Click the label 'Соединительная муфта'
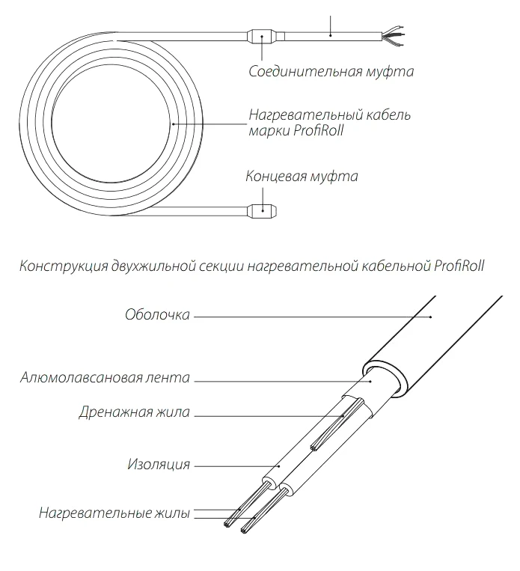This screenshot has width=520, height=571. pos(331,71)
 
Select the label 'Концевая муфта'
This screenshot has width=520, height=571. pos(302,177)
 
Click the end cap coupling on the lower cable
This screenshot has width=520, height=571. pos(262,211)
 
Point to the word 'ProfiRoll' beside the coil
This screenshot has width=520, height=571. pos(319,130)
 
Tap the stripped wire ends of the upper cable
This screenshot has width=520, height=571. pos(394,36)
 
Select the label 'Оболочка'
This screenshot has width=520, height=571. pos(157,315)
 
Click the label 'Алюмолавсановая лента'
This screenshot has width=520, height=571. pos(105,378)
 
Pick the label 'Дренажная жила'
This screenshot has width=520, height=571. pos(135,412)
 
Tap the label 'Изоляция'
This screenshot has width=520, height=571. pos(159,465)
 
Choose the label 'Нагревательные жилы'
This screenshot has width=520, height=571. pos(114,513)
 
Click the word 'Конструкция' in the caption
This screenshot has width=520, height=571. pos(64,266)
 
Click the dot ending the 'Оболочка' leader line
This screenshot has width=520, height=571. pos(430,317)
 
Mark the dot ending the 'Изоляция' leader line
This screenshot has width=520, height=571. pos(279,465)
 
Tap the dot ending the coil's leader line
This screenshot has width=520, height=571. pos(174,124)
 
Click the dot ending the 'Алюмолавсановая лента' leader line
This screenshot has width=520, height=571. pos(371,381)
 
